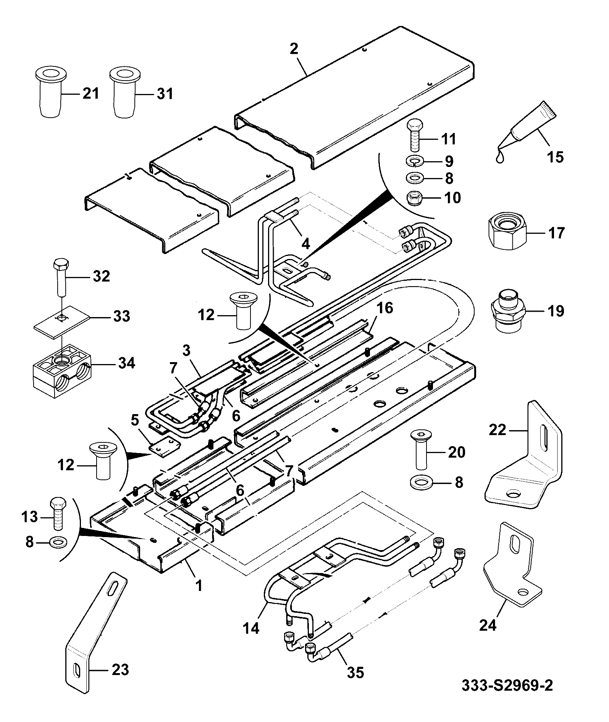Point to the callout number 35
point(355,683)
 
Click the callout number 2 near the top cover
point(294,49)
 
